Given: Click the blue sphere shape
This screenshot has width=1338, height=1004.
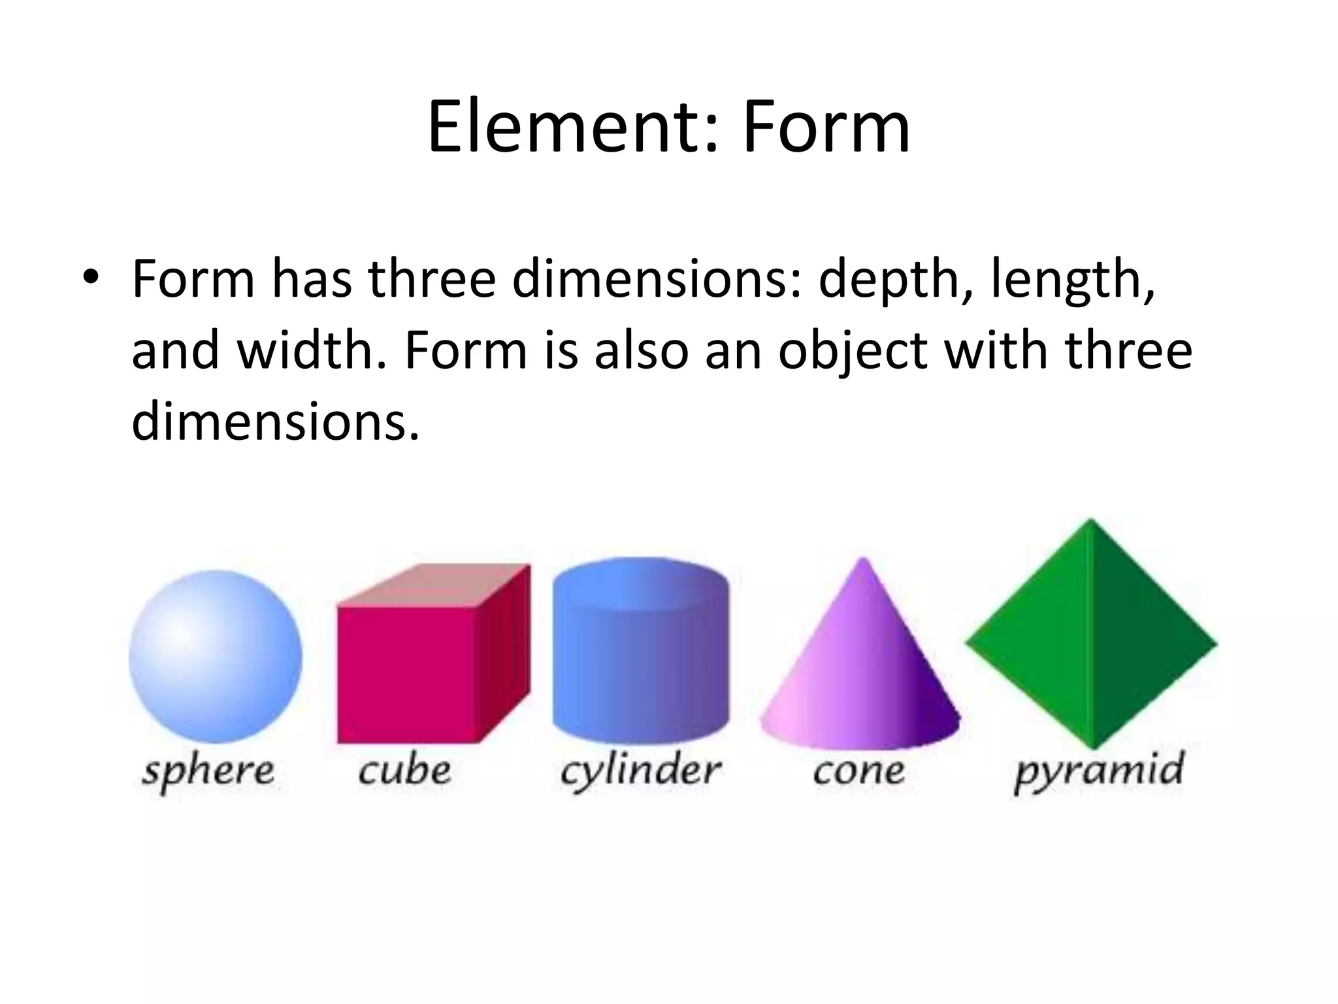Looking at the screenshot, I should tap(216, 656).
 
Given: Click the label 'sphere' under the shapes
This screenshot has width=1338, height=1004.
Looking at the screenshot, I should tap(208, 771).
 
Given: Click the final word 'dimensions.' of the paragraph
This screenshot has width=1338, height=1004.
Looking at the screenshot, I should tap(275, 421).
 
